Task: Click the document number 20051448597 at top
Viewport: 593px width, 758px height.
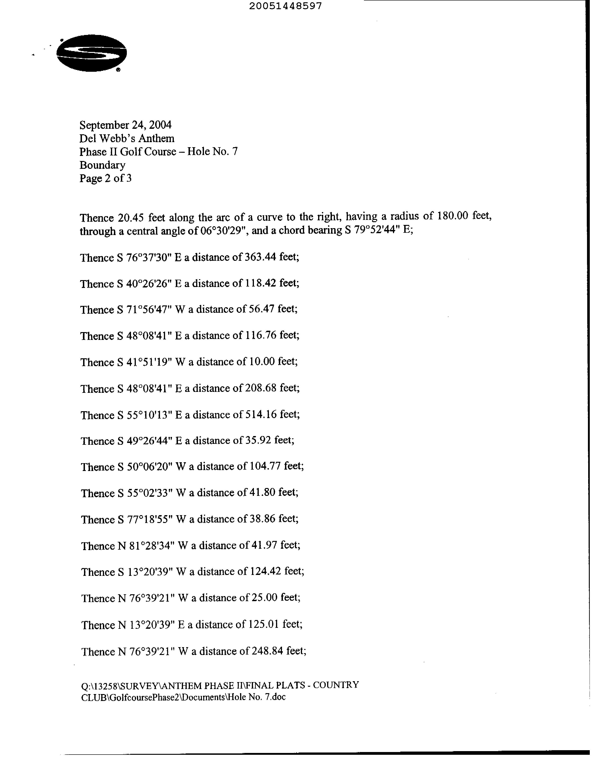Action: [285, 6]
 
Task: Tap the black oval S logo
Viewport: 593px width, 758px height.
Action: [92, 53]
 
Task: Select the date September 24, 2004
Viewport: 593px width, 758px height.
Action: [125, 125]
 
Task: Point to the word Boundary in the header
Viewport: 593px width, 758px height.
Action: [102, 165]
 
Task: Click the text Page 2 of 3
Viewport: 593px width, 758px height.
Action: [106, 178]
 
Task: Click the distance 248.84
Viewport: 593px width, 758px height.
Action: [267, 651]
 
